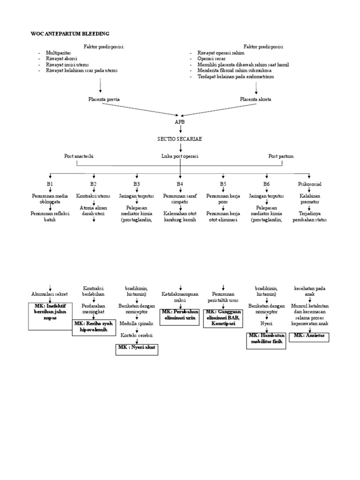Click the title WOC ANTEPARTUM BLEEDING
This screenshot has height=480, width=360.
pyautogui.click(x=70, y=34)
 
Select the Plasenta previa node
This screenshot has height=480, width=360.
pyautogui.click(x=100, y=99)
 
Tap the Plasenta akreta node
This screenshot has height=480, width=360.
pyautogui.click(x=255, y=99)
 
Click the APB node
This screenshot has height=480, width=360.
pyautogui.click(x=180, y=121)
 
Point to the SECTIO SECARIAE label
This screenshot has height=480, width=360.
pyautogui.click(x=180, y=140)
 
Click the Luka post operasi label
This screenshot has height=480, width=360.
pyautogui.click(x=180, y=156)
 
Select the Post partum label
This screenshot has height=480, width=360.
pyautogui.click(x=281, y=156)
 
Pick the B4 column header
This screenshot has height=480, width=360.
pyautogui.click(x=180, y=184)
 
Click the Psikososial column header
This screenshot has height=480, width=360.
pyautogui.click(x=309, y=184)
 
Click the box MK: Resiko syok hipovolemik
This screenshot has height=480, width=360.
pyautogui.click(x=94, y=327)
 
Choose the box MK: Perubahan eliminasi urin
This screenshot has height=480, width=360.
pyautogui.click(x=180, y=315)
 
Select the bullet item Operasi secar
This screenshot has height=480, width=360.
pyautogui.click(x=211, y=59)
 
